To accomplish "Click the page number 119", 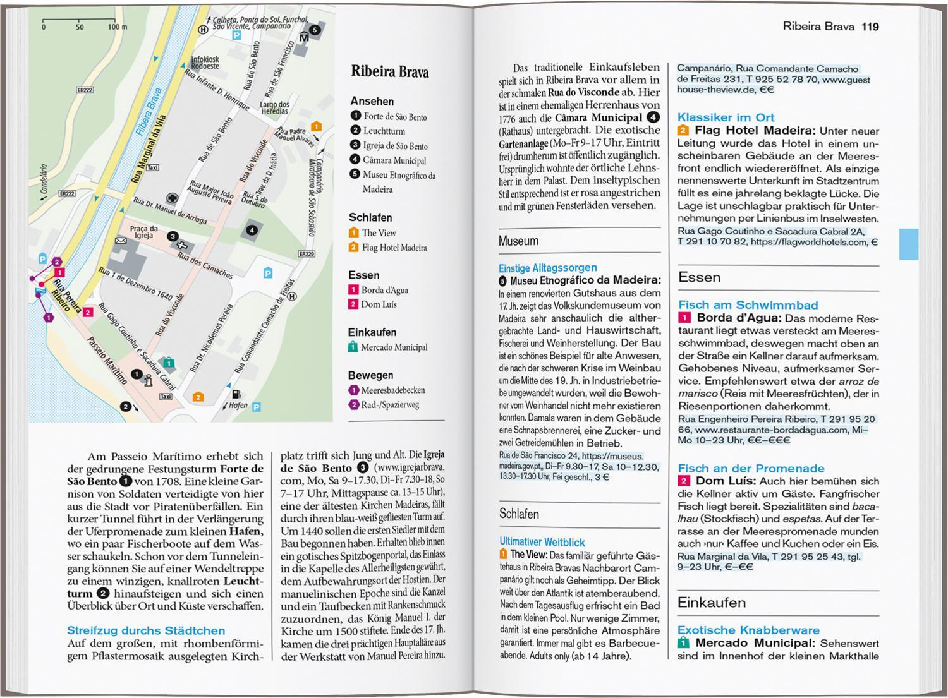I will point(870,27).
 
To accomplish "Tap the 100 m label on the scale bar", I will point(117,27).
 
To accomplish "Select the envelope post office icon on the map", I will point(121,241).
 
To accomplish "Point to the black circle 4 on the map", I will point(252,230).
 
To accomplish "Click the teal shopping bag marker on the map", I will point(169,363).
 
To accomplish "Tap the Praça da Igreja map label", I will point(143,232).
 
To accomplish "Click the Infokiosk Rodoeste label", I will point(205,63).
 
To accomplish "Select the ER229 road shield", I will point(306,254).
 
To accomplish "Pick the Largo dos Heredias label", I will point(274,108).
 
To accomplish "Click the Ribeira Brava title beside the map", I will point(389,72).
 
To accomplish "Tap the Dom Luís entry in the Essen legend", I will point(379,304).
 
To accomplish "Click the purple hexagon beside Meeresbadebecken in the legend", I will point(354,390).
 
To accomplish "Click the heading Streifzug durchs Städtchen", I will point(146,630).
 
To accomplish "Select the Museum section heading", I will point(518,241).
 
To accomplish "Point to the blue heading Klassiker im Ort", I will point(726,117).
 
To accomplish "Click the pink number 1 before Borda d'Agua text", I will point(684,318).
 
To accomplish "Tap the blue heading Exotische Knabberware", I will point(748,630).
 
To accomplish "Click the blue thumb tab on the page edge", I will point(908,243).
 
